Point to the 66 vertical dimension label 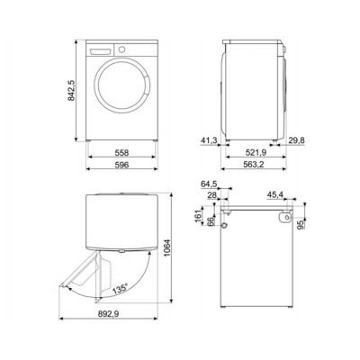click(x=212, y=221)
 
